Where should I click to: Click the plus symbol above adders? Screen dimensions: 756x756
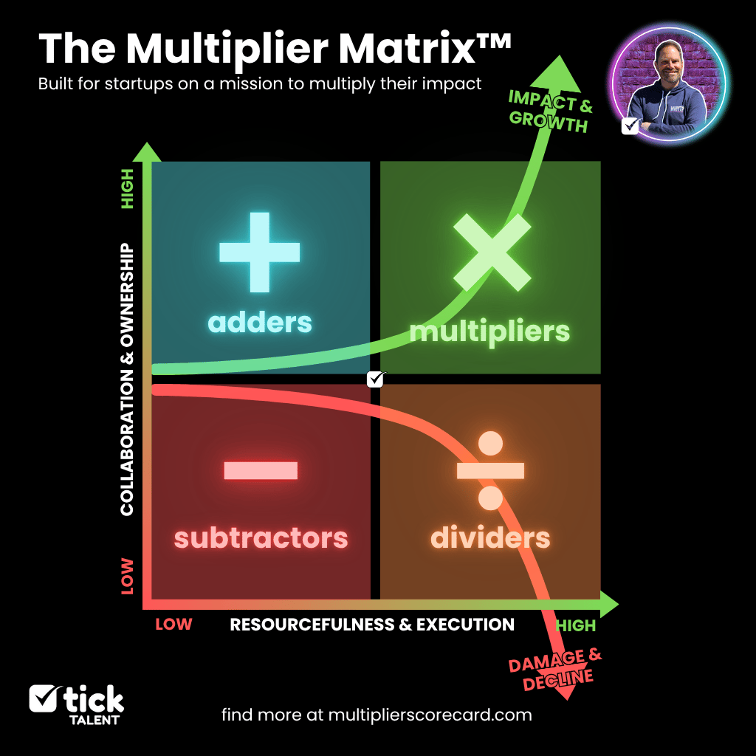pos(260,252)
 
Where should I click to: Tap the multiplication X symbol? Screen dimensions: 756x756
pos(492,252)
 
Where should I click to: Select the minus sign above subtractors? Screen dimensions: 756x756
pos(260,470)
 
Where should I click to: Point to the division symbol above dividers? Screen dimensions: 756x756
pos(490,470)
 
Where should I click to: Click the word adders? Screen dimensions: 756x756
pos(260,323)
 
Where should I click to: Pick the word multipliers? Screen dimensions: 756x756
pos(490,331)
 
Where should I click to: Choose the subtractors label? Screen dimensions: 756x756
pos(261,537)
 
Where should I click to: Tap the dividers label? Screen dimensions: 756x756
pos(490,537)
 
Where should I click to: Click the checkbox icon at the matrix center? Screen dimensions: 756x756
pos(377,379)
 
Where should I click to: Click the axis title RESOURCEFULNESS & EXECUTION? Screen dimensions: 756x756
pos(372,625)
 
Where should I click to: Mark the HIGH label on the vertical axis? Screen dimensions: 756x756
pos(127,188)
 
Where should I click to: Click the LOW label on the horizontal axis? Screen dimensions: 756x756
pos(173,625)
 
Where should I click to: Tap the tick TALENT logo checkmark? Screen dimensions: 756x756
pos(44,698)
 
